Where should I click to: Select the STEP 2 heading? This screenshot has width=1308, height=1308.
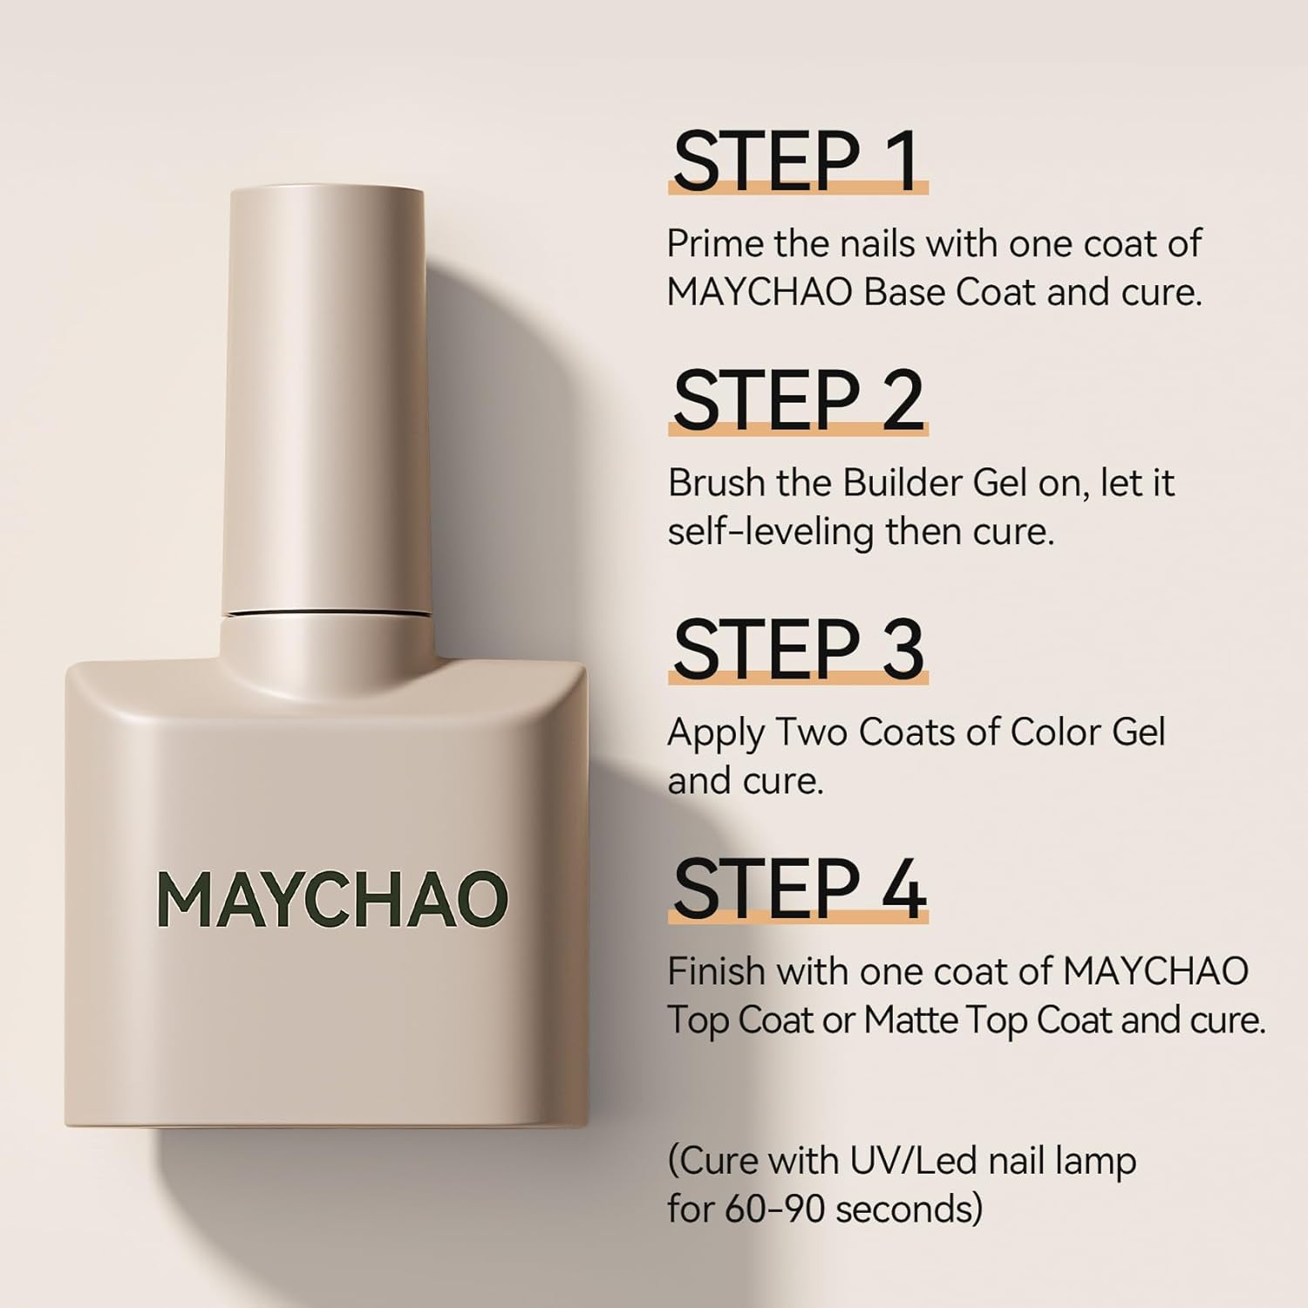tap(797, 401)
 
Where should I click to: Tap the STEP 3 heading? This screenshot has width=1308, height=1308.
tap(797, 650)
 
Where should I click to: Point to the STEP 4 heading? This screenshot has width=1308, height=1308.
tap(797, 889)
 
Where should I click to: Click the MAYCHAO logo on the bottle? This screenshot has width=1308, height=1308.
tap(331, 900)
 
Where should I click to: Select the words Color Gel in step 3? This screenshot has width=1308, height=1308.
tap(1087, 732)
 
